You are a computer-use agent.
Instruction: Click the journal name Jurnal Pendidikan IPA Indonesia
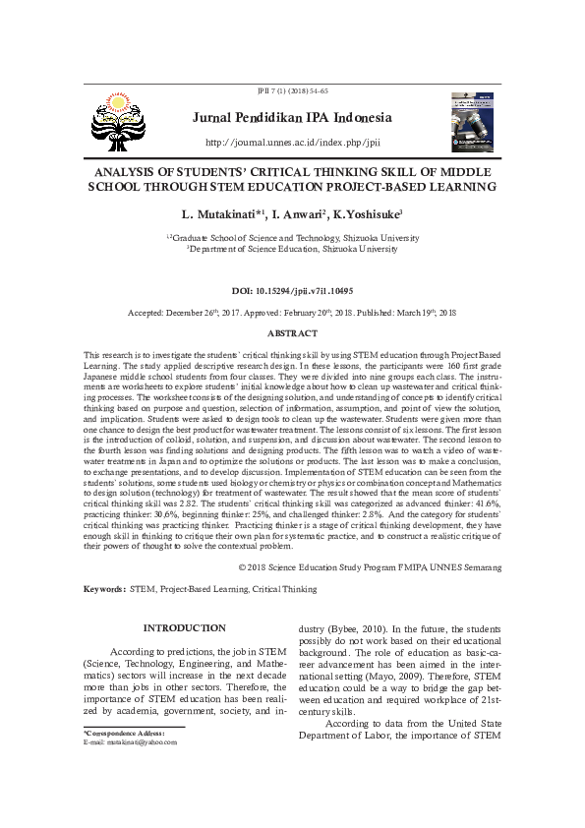[292, 118]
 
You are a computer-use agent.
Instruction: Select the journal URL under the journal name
[292, 143]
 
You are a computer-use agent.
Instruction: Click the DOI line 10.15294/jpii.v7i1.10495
[292, 291]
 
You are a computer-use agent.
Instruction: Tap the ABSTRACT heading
[292, 334]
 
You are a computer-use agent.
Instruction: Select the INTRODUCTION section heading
[185, 627]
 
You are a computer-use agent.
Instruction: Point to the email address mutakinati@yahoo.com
[131, 742]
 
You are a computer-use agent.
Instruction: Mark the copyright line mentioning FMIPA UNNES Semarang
[371, 568]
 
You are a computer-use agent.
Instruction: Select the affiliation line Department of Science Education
[292, 250]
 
